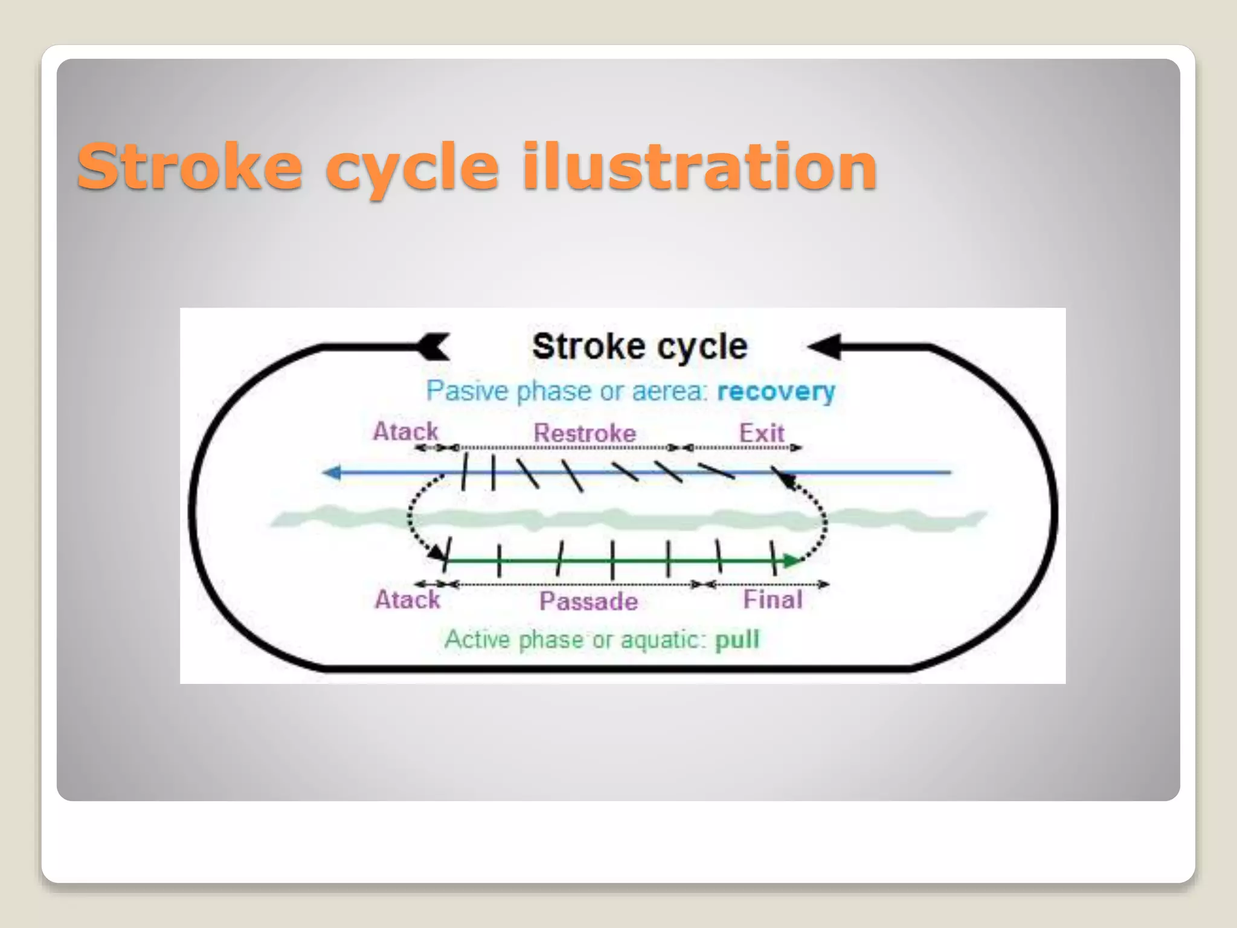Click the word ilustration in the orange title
click(699, 166)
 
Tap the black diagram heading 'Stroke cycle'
click(640, 347)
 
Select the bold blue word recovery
click(776, 391)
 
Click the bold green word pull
click(737, 639)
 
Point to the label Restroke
click(585, 433)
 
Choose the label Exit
click(762, 433)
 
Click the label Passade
click(588, 601)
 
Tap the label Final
click(773, 600)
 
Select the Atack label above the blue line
click(405, 431)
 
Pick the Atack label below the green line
click(408, 600)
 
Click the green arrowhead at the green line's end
click(791, 561)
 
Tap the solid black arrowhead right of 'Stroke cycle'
click(825, 347)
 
